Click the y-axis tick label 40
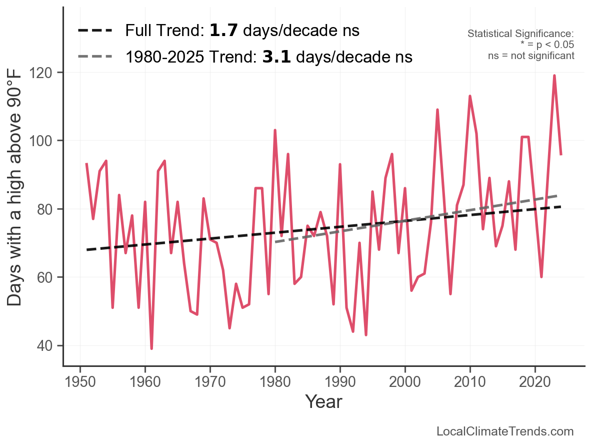47,346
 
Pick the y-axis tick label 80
47,209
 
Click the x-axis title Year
323,401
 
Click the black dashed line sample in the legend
95,31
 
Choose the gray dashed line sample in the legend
95,57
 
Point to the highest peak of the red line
554,76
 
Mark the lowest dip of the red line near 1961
151,348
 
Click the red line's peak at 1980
275,131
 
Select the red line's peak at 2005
437,110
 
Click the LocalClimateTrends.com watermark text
505,431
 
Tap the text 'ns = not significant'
531,56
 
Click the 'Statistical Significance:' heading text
520,34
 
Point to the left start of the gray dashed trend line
276,242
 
